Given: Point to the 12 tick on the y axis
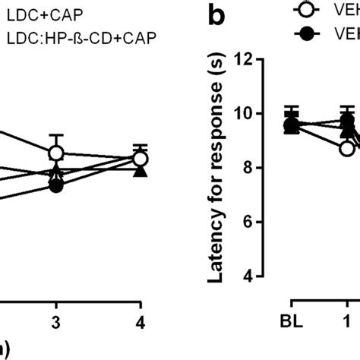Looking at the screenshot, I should [245, 58].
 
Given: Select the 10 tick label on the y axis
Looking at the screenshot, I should [245, 113].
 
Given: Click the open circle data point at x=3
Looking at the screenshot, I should [55, 153].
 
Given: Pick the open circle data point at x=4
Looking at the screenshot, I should [140, 159].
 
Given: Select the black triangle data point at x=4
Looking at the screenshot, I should [140, 170].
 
